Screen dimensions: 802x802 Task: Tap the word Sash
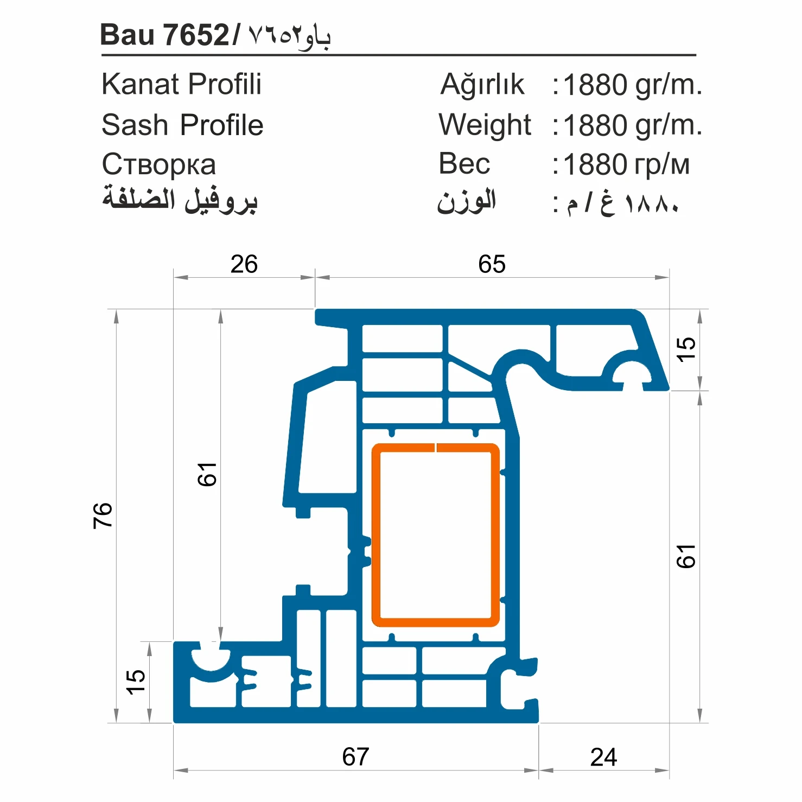click(135, 125)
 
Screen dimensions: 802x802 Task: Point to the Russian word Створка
click(158, 165)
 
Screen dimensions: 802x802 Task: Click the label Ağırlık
click(482, 85)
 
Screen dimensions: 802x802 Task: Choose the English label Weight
click(485, 125)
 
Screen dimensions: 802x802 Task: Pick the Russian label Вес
click(464, 164)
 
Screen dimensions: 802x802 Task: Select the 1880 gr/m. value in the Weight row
click(632, 125)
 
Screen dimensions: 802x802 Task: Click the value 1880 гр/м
click(626, 165)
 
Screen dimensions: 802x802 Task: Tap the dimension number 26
click(244, 265)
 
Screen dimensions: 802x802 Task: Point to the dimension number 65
click(492, 265)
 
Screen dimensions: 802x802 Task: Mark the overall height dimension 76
click(103, 515)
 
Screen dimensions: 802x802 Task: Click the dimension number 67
click(355, 756)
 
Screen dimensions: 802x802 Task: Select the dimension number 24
click(603, 757)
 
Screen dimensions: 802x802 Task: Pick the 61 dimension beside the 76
click(207, 474)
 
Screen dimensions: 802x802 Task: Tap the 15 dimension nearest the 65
click(686, 349)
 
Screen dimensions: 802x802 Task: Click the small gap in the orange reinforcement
click(436, 448)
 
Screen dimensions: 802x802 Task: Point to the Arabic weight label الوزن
click(467, 202)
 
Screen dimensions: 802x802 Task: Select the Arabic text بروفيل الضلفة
click(180, 200)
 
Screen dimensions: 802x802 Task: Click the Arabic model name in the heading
click(289, 36)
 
